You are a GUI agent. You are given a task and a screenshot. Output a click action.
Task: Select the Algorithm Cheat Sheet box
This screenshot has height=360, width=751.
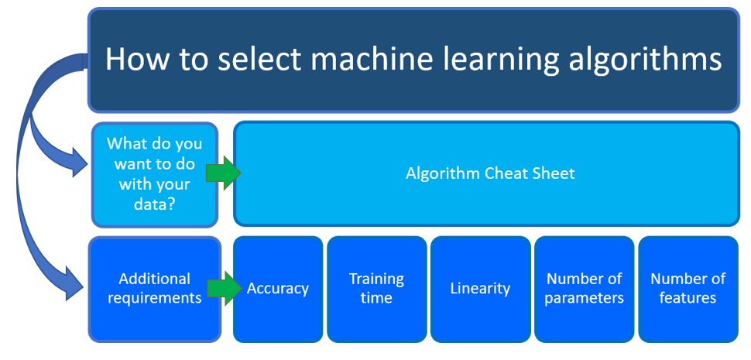(489, 173)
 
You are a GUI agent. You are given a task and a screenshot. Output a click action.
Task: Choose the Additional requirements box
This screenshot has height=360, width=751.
(155, 288)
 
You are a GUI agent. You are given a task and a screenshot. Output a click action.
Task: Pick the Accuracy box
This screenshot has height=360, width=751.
(277, 288)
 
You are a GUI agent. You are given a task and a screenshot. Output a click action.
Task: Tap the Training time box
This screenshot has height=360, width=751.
(376, 288)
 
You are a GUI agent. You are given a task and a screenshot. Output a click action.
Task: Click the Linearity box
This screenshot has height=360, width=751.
(480, 288)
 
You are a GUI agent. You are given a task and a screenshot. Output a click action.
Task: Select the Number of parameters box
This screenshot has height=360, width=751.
(584, 288)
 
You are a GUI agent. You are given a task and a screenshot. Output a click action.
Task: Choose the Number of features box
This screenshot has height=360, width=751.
(688, 288)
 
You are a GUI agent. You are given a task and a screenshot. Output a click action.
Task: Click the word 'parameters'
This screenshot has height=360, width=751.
(584, 298)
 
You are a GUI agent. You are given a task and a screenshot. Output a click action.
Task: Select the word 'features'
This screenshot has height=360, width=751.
(688, 298)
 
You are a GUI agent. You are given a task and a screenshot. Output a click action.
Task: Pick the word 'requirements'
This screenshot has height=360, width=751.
(155, 298)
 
